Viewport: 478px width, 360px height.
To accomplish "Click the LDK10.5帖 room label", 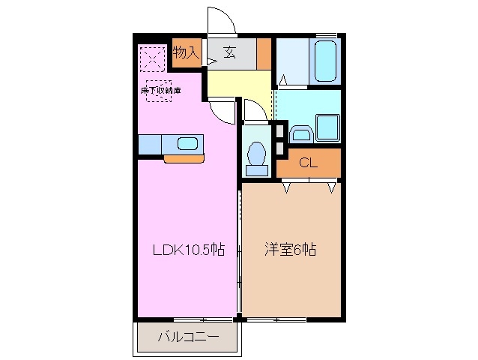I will (x=188, y=250).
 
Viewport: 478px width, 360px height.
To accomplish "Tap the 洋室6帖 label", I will (x=290, y=250).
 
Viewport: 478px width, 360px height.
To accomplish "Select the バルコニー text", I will (x=188, y=337).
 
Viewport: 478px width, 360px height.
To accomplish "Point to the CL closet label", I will (x=306, y=163).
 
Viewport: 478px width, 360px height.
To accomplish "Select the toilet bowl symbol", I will (x=257, y=154).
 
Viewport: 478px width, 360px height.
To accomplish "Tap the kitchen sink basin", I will (x=187, y=143).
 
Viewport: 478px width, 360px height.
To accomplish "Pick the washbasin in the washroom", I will (x=300, y=133).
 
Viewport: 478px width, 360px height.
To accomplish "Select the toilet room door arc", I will (x=253, y=111).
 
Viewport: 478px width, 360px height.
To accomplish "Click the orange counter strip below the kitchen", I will (x=184, y=158).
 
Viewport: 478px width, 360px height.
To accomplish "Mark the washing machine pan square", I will (x=327, y=126).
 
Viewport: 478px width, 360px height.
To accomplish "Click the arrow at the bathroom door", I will (x=283, y=79).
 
